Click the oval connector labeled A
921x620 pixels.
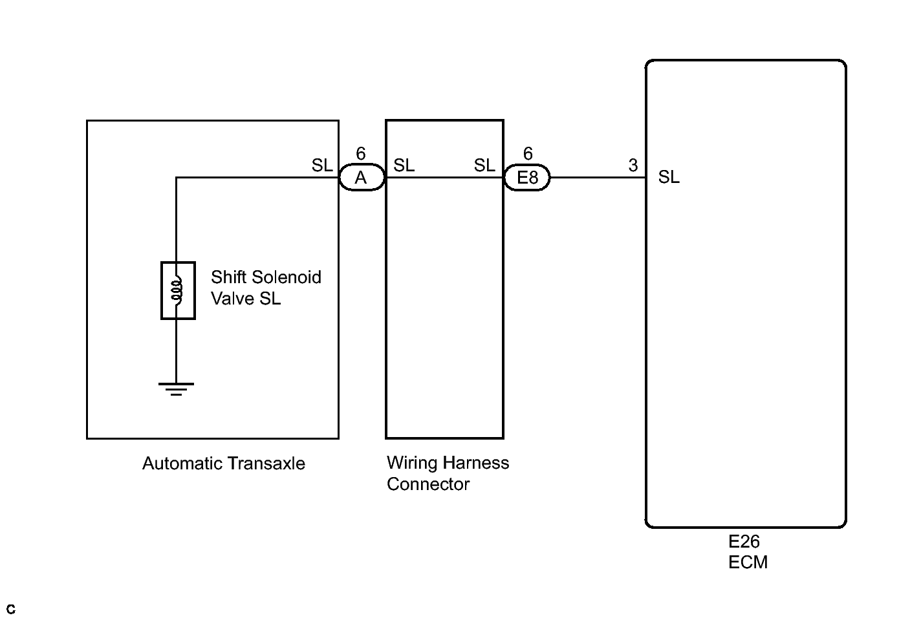tap(362, 178)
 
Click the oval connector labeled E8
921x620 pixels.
tap(527, 178)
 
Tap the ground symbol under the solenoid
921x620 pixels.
tap(177, 389)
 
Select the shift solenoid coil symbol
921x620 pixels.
tap(178, 290)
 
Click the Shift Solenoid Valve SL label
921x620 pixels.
tap(266, 288)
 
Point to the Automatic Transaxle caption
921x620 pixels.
tap(224, 464)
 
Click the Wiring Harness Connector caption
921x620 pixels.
tap(448, 473)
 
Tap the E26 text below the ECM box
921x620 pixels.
tap(744, 542)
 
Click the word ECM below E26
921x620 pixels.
tap(748, 562)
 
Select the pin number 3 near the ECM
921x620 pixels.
tap(633, 165)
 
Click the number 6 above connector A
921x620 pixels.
tap(361, 154)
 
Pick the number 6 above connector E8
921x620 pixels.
tap(528, 154)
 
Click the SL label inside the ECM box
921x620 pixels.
tap(669, 177)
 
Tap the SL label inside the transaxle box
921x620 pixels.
tap(322, 166)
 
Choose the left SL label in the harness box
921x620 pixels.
tap(404, 166)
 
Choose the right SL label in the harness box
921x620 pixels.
tap(484, 166)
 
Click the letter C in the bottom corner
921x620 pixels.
tap(11, 609)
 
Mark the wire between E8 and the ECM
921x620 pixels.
tap(598, 178)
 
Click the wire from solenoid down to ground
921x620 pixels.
tap(177, 351)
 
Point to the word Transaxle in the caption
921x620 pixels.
tap(265, 464)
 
